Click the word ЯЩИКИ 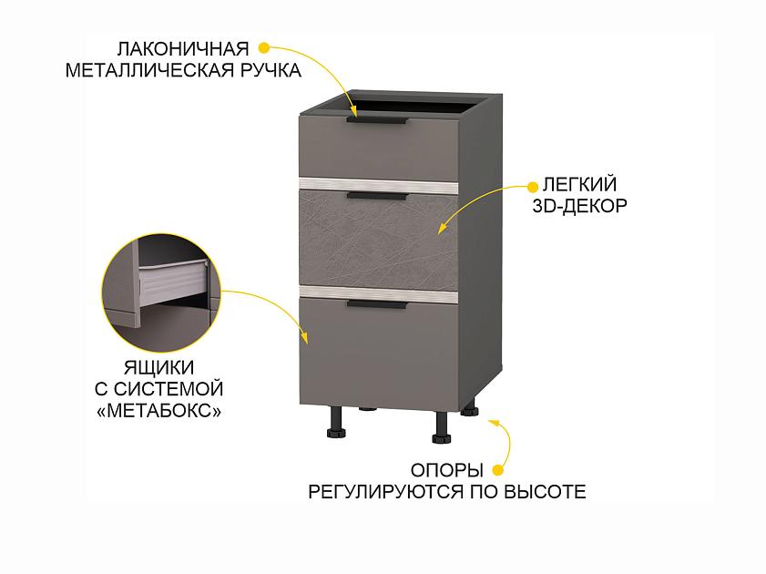tap(159, 366)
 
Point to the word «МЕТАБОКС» tap(159, 410)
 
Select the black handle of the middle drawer tap(376, 194)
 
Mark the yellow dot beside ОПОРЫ tap(498, 471)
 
